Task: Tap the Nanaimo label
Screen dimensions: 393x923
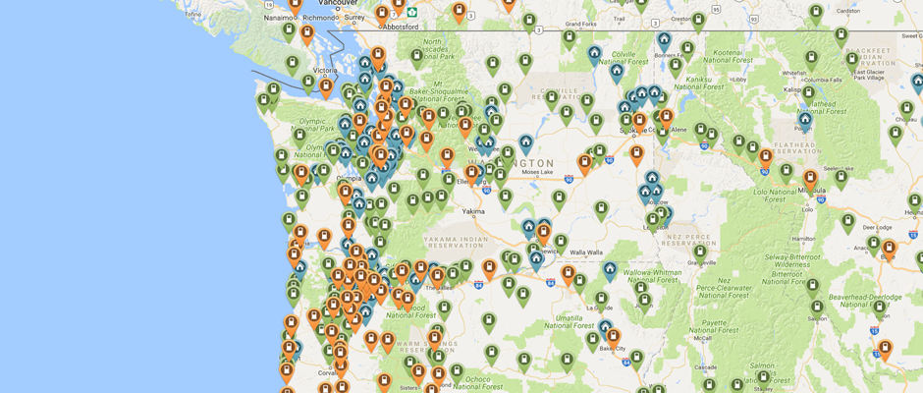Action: (x=279, y=17)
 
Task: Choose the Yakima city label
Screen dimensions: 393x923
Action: (x=473, y=210)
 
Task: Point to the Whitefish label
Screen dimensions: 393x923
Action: (x=793, y=72)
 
